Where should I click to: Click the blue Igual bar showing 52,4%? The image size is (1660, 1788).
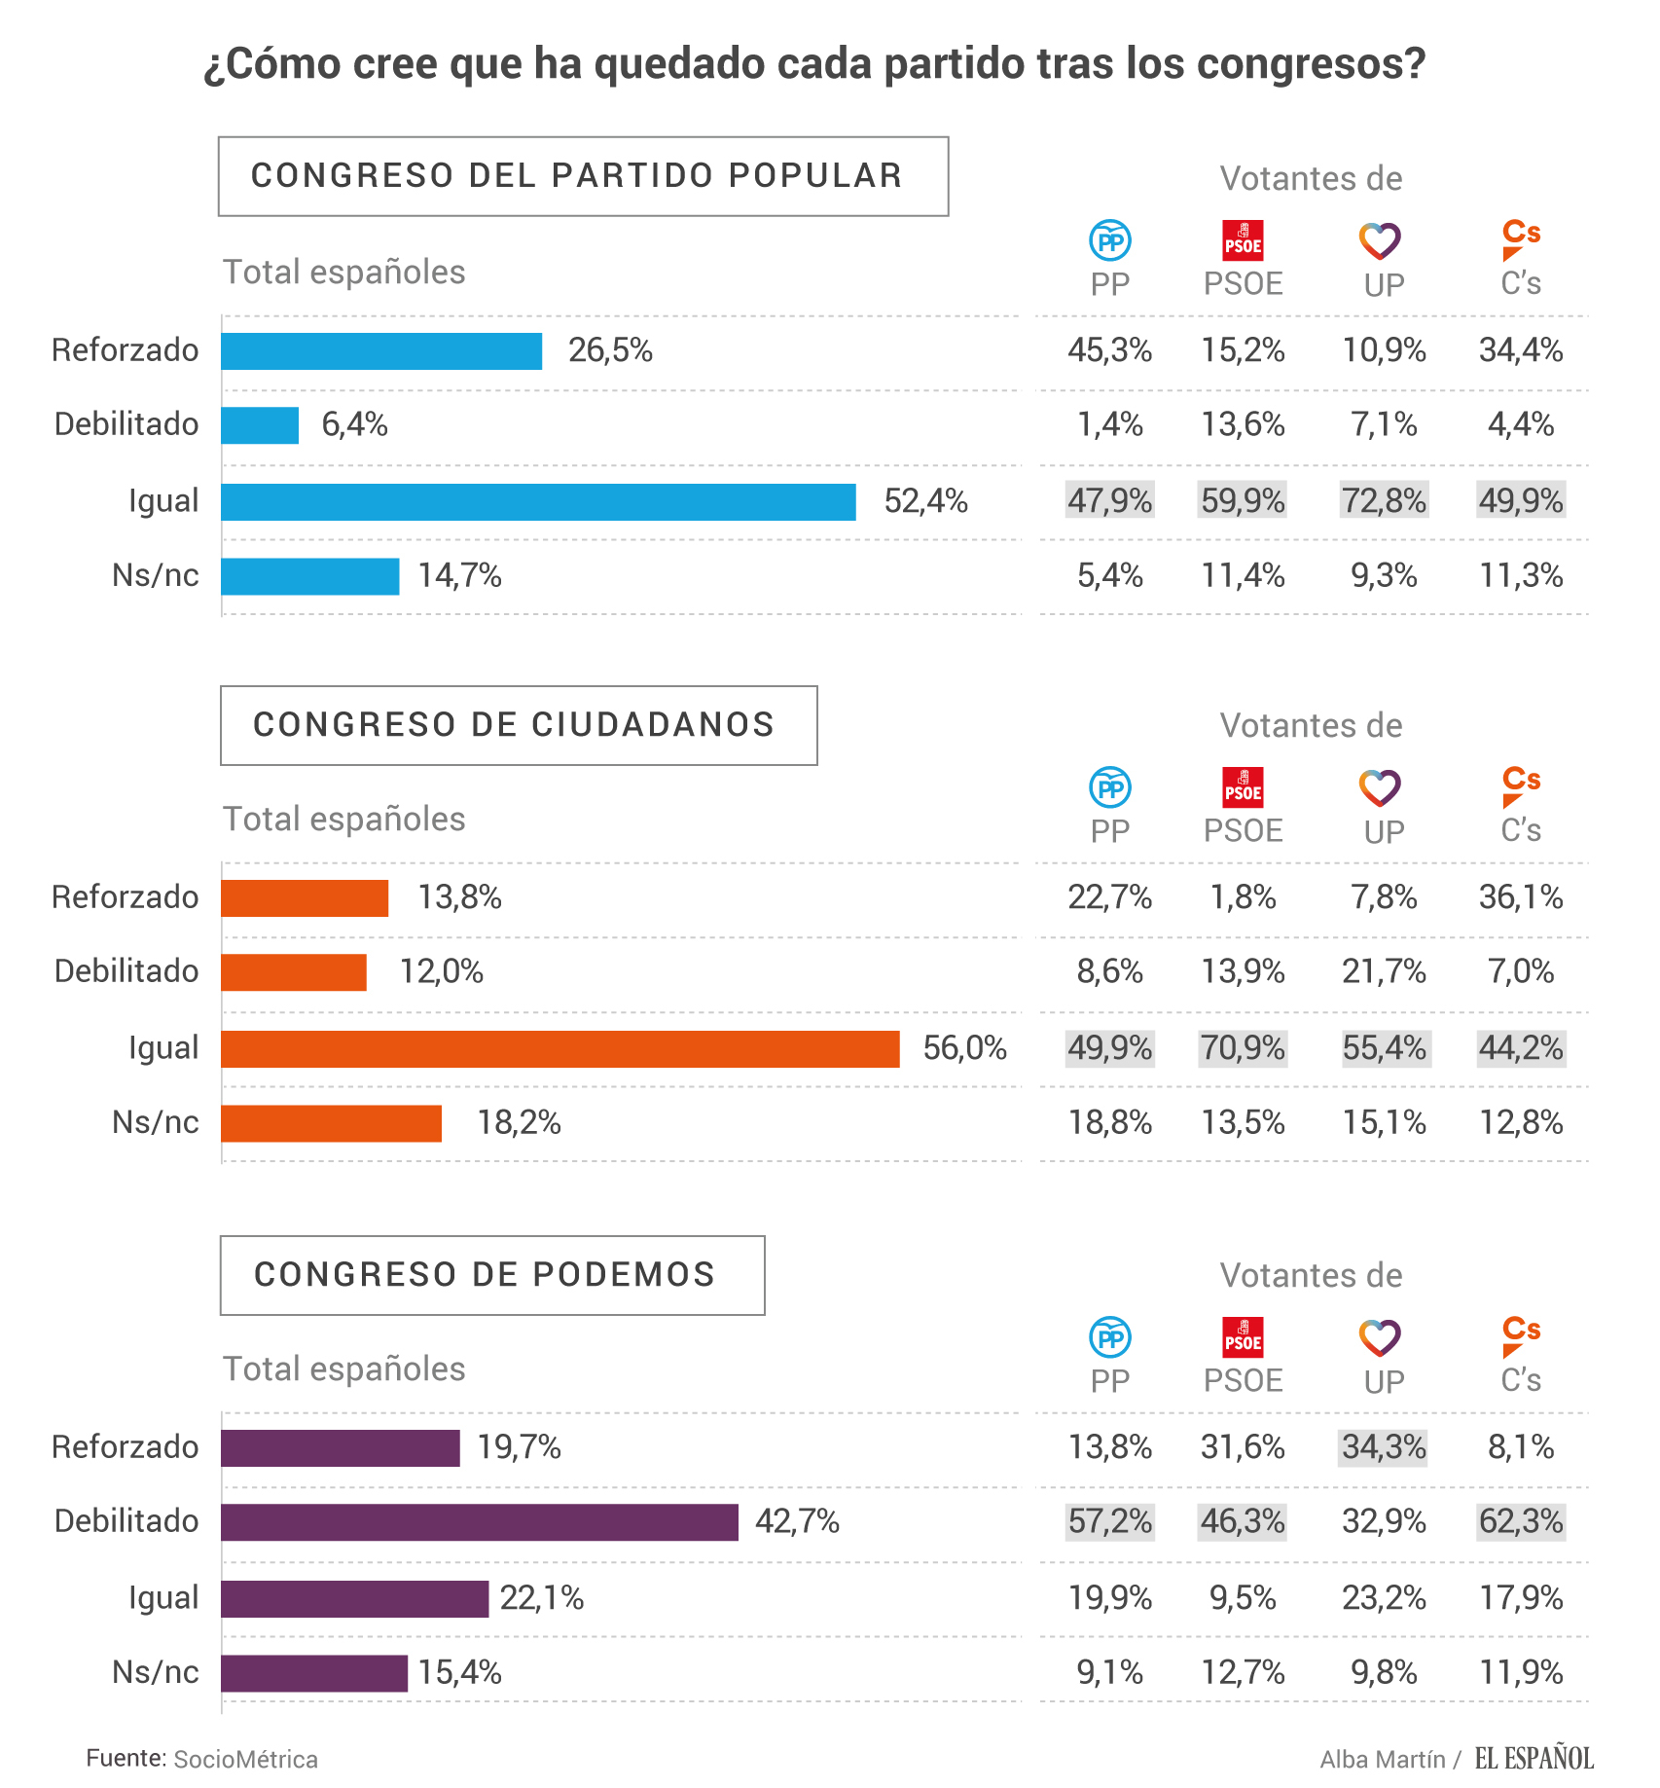(x=538, y=502)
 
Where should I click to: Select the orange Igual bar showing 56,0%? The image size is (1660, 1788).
(x=559, y=1049)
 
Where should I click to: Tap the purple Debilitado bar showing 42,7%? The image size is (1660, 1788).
(x=479, y=1522)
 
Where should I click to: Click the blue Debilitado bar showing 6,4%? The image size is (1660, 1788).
(x=260, y=425)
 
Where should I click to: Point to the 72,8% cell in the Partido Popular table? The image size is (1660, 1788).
(x=1384, y=500)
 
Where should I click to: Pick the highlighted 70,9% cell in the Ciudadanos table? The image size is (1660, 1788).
(x=1243, y=1048)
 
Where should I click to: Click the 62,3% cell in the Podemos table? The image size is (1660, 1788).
(x=1521, y=1521)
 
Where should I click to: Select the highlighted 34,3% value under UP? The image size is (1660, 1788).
(x=1384, y=1447)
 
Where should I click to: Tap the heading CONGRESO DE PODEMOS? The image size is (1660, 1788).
(x=485, y=1275)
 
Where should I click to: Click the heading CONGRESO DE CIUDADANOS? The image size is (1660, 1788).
(x=514, y=725)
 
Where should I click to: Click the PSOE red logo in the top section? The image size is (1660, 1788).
(x=1243, y=240)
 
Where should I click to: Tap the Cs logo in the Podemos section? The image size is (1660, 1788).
(x=1520, y=1335)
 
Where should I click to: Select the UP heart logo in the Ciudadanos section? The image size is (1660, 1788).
(x=1380, y=788)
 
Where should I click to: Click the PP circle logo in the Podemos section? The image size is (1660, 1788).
(x=1109, y=1337)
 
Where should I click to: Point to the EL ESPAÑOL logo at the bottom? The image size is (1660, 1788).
(x=1534, y=1758)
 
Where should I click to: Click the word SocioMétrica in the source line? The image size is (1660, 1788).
(x=245, y=1760)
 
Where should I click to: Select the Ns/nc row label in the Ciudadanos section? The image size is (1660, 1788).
(x=156, y=1122)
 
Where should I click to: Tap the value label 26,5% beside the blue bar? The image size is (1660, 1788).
(x=610, y=350)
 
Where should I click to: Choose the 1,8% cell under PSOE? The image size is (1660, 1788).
(x=1243, y=896)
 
